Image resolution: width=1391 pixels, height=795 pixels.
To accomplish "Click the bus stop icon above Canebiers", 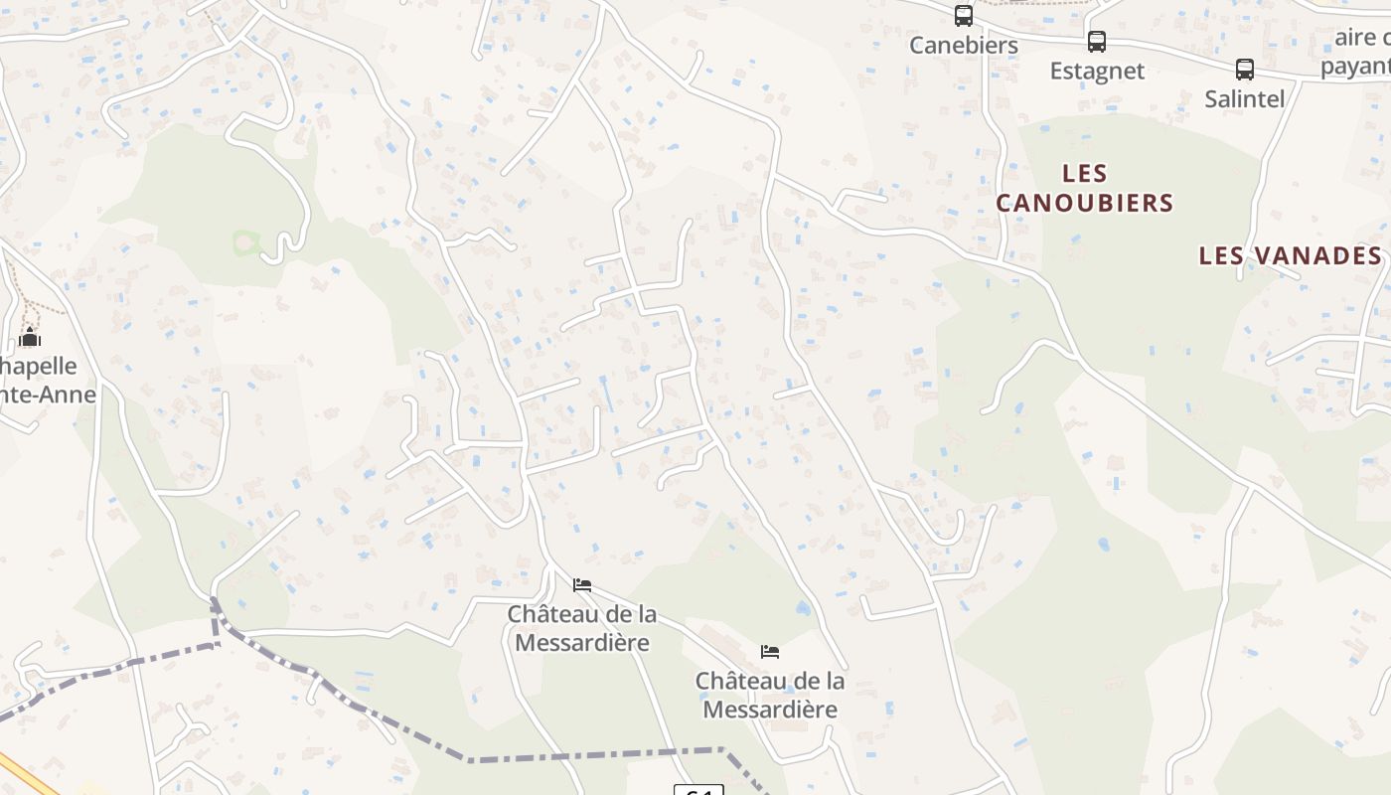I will pos(964,16).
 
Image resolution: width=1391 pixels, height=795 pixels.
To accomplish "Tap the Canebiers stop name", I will pos(964,46).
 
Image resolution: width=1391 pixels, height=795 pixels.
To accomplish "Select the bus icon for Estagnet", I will pos(1097,42).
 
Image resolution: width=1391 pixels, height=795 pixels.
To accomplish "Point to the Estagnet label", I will pos(1097,72).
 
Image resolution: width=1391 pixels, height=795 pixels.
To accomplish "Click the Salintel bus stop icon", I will pos(1245,70).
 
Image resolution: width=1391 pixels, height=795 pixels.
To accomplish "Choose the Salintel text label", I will pos(1245,98).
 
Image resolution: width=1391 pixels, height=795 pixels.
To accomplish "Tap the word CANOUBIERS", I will pos(1085,203).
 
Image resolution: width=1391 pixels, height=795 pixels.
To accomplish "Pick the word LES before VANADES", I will pos(1220,255).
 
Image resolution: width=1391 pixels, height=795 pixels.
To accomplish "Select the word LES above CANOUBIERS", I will pos(1085,174).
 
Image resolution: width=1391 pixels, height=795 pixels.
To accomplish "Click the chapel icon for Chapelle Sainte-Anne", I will pos(30,338).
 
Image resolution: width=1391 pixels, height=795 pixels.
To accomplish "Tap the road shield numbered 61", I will pos(698,790).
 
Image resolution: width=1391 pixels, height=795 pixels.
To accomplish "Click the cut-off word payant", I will pos(1355,67).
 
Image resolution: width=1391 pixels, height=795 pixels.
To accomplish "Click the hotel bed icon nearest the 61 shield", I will pos(770,652).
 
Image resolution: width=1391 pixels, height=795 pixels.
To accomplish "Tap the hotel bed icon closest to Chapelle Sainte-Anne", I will pos(582,584).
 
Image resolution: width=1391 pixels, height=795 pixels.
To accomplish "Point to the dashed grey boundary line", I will pos(596,753).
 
